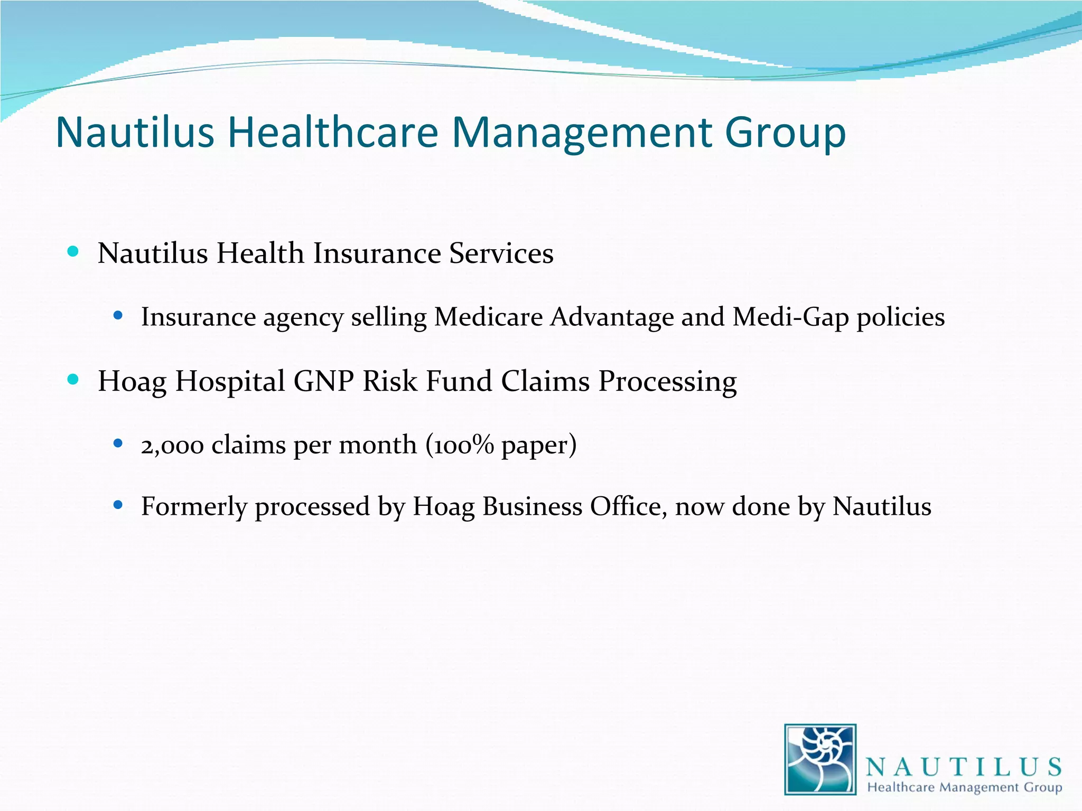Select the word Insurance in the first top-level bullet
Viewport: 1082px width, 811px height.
tap(377, 253)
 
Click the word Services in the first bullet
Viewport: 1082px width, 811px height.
tap(501, 253)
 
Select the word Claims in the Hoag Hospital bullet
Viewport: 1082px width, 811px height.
tap(545, 381)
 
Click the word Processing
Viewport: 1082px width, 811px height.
tap(667, 382)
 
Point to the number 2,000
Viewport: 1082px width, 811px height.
tap(172, 445)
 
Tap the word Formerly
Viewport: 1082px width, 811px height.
tap(194, 506)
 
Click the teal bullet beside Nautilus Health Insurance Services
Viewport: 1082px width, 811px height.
tap(73, 251)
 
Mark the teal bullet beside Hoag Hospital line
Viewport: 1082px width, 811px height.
tap(73, 379)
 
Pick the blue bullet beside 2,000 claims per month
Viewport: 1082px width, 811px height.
tap(118, 443)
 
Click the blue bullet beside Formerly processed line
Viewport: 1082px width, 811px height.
tap(118, 505)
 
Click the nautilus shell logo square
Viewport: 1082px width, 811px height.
tap(820, 759)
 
